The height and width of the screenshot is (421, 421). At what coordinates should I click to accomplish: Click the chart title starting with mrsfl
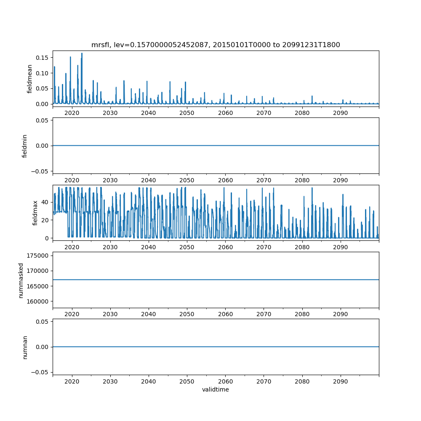pyautogui.click(x=216, y=45)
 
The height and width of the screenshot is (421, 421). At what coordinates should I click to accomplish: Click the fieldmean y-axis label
pyautogui.click(x=29, y=79)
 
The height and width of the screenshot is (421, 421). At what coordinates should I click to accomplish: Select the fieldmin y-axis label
pyautogui.click(x=24, y=146)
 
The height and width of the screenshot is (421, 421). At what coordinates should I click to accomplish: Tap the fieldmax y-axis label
pyautogui.click(x=35, y=213)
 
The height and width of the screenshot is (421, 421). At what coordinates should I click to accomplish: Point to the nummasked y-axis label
pyautogui.click(x=21, y=280)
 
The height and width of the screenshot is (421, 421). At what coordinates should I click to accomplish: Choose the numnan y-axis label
pyautogui.click(x=25, y=347)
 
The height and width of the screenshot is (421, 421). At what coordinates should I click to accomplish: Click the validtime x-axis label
pyautogui.click(x=216, y=390)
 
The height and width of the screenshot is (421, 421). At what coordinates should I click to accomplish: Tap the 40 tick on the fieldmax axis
pyautogui.click(x=44, y=203)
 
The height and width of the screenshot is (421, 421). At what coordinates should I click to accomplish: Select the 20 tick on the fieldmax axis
pyautogui.click(x=44, y=220)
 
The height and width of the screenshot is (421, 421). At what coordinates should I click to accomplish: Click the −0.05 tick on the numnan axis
pyautogui.click(x=41, y=372)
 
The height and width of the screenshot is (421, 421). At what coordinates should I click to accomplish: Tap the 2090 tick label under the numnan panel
pyautogui.click(x=340, y=381)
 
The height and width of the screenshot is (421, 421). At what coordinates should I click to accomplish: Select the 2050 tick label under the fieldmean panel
pyautogui.click(x=187, y=113)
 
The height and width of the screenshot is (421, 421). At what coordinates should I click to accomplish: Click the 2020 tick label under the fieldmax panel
pyautogui.click(x=72, y=248)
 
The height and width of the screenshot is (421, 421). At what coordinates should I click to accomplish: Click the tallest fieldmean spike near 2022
pyautogui.click(x=82, y=53)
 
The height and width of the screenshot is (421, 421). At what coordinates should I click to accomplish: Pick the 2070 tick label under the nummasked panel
pyautogui.click(x=264, y=314)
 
